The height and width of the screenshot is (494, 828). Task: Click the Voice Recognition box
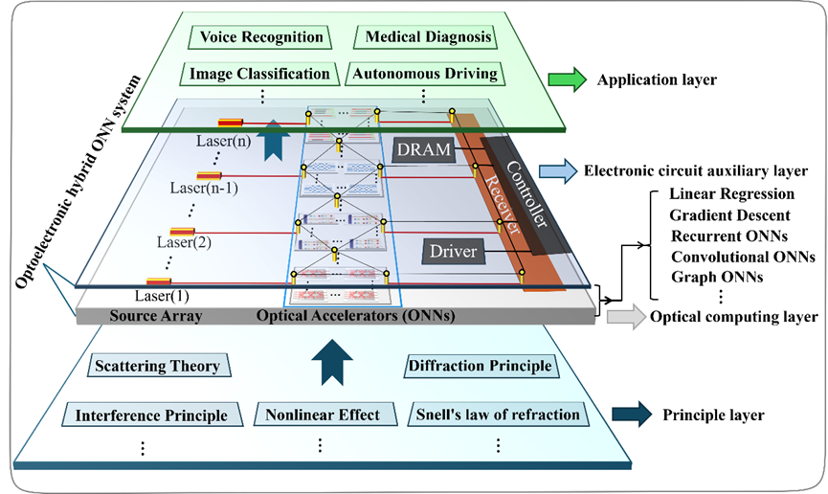point(261,37)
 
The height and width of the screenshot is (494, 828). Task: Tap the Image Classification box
point(259,73)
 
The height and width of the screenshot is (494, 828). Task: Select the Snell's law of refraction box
point(498,415)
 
